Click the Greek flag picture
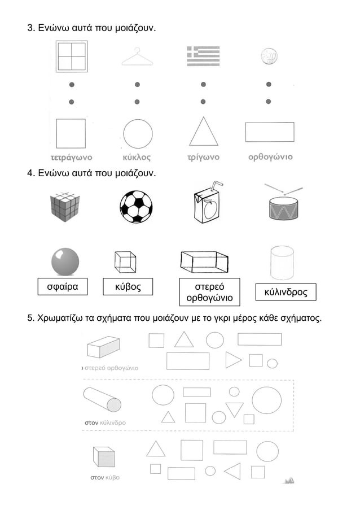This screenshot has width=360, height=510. point(203,56)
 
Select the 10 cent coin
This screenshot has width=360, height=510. point(269,56)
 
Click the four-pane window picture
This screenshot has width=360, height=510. point(72,56)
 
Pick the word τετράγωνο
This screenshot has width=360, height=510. point(72,158)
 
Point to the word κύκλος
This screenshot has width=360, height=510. point(137,158)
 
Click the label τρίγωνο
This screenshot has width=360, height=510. point(203,158)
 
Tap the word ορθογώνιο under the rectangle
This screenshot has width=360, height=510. point(270,157)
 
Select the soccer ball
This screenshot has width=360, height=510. point(136,207)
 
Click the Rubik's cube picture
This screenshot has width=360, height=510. point(65,207)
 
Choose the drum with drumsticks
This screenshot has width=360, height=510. point(284,203)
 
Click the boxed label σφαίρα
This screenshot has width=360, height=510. point(63,286)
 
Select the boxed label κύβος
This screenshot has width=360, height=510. point(128,286)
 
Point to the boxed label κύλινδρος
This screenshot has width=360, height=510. point(286,292)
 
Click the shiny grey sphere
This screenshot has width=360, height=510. point(65,262)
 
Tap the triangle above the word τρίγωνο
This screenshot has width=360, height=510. point(204,131)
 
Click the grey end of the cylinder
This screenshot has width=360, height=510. point(114,405)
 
